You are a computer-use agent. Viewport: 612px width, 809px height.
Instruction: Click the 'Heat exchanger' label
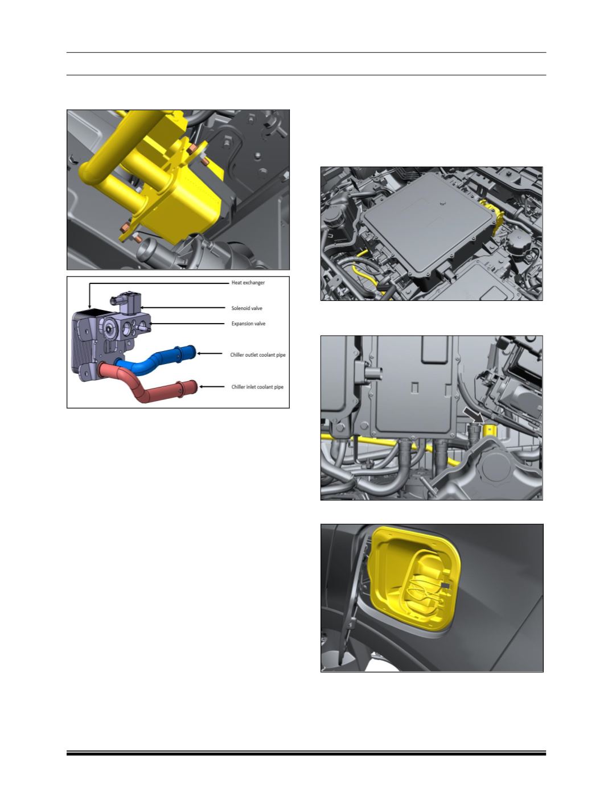tap(248, 283)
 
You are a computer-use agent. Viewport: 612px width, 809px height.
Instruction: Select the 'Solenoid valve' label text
tap(247, 308)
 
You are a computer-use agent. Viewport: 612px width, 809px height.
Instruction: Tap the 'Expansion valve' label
tap(248, 324)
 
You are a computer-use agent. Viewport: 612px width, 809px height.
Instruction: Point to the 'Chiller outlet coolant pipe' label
tap(258, 355)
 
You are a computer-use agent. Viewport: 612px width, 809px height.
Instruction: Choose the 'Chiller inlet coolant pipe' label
tap(257, 387)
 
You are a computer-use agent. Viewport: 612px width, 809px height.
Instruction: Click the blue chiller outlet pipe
tap(155, 357)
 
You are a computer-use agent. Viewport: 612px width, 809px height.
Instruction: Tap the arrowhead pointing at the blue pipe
tap(199, 353)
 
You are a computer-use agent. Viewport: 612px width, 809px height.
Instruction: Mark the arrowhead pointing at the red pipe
tap(202, 387)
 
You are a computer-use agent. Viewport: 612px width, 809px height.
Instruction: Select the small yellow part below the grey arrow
tap(490, 430)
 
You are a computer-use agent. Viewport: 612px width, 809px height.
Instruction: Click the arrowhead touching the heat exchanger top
tap(89, 306)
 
